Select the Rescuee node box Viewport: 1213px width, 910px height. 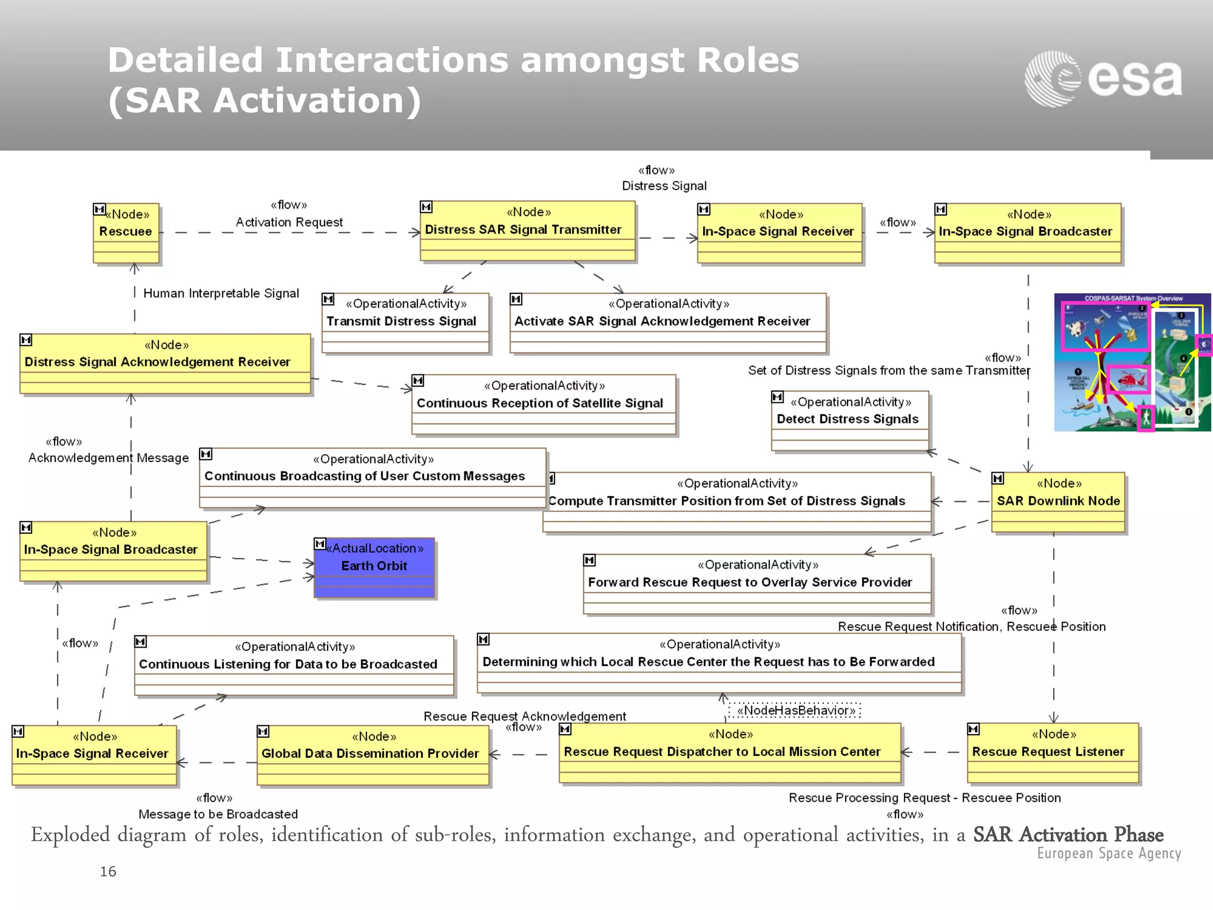point(126,232)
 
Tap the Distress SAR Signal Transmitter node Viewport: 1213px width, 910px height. point(527,230)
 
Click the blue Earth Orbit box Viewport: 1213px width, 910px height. point(374,567)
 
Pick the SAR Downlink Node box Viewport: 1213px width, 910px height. point(1058,501)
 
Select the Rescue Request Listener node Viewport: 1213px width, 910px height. point(1052,752)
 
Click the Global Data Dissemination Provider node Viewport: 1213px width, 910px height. point(373,754)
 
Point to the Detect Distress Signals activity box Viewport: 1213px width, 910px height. point(849,419)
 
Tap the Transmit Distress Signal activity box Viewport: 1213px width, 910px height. point(405,322)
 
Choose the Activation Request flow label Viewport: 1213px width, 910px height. point(289,222)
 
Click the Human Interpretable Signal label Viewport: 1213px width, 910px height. point(221,293)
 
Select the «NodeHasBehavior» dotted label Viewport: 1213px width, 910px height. point(795,710)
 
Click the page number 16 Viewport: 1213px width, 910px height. point(108,871)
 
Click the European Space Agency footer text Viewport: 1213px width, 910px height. point(1108,853)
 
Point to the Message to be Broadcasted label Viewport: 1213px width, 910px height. point(218,814)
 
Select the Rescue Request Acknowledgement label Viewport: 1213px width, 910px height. point(524,716)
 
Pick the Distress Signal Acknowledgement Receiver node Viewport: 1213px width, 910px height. point(165,362)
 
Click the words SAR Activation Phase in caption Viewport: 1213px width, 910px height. point(1067,834)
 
